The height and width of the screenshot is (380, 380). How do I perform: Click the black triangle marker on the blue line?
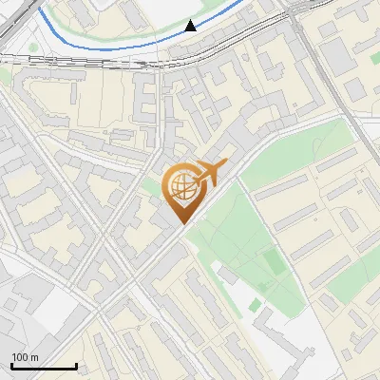coord(191,26)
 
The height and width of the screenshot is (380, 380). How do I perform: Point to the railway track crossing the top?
coord(95,59)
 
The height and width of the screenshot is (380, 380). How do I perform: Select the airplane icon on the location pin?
coord(211,174)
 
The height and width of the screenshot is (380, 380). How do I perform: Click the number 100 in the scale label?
coord(20,357)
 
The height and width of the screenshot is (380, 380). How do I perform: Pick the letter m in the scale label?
coord(34,357)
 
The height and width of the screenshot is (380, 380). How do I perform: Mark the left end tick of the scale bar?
coord(11,365)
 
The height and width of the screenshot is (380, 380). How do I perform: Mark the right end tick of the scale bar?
coord(76,365)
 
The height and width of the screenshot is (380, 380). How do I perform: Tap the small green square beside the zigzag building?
coord(255,305)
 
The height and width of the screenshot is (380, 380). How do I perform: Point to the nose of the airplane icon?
coord(227,165)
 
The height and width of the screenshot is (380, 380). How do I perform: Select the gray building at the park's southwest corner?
coord(225,275)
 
